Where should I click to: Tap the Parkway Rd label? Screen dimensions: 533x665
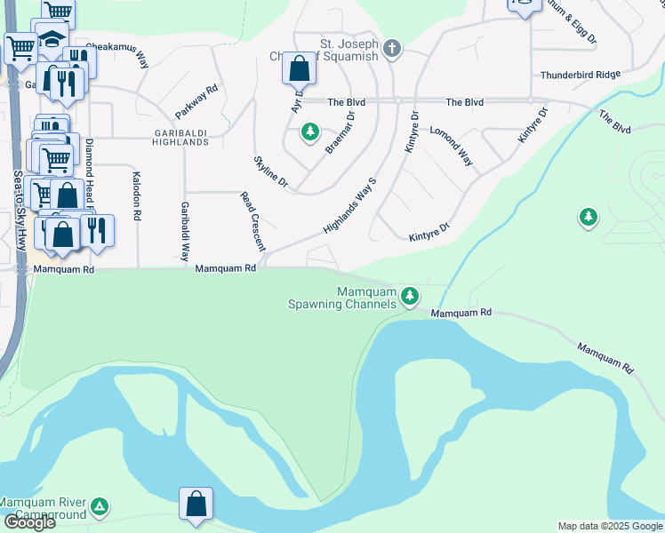pyautogui.click(x=196, y=102)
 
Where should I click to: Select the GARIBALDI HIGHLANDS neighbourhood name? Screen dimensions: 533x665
pyautogui.click(x=180, y=138)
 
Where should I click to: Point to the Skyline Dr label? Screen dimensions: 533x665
pyautogui.click(x=271, y=171)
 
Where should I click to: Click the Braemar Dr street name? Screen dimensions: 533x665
pyautogui.click(x=341, y=132)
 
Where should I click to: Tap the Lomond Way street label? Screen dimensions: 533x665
pyautogui.click(x=451, y=147)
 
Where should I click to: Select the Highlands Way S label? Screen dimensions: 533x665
pyautogui.click(x=350, y=205)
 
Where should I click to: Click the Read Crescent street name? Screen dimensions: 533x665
pyautogui.click(x=252, y=220)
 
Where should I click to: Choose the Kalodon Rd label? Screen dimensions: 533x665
pyautogui.click(x=137, y=196)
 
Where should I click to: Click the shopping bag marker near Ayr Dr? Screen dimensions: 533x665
pyautogui.click(x=300, y=68)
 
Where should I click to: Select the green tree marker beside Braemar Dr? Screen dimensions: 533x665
pyautogui.click(x=309, y=132)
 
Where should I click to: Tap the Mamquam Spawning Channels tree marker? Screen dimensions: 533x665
pyautogui.click(x=409, y=296)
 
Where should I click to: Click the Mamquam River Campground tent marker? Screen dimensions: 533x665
pyautogui.click(x=100, y=506)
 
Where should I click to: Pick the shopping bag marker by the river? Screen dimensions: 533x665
pyautogui.click(x=196, y=504)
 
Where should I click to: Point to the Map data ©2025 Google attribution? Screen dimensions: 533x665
pyautogui.click(x=609, y=526)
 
